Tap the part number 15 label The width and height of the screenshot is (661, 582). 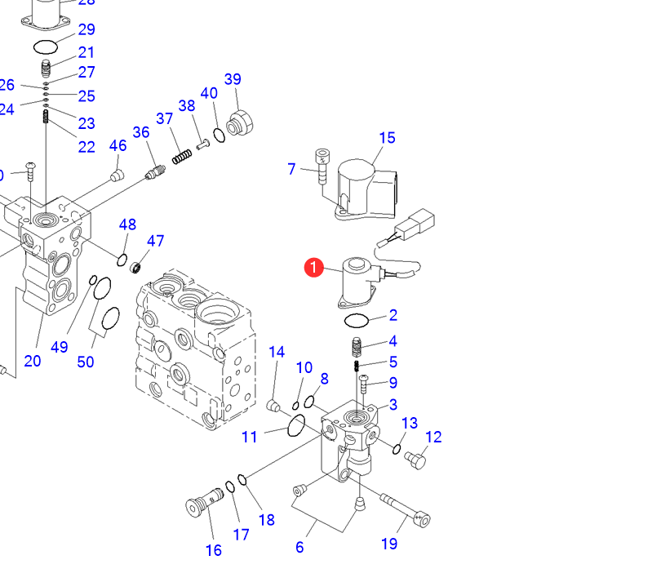pos(387,138)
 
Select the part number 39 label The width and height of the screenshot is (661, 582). pos(233,79)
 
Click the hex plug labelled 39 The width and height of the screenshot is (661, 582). pos(242,123)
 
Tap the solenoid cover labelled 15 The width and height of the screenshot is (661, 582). pos(363,189)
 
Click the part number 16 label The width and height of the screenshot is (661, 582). pos(213,550)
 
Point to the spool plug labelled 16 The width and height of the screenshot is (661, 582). pos(204,500)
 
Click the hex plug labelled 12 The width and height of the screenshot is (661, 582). pos(415,461)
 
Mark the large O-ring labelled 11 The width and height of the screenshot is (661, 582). pos(296,424)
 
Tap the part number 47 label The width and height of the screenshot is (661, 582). pos(155,241)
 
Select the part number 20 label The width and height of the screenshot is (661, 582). pos(33,360)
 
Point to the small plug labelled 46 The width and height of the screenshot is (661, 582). pos(116,175)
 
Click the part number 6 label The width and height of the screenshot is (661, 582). pos(299,547)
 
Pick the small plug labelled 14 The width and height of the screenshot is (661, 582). pos(275,406)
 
